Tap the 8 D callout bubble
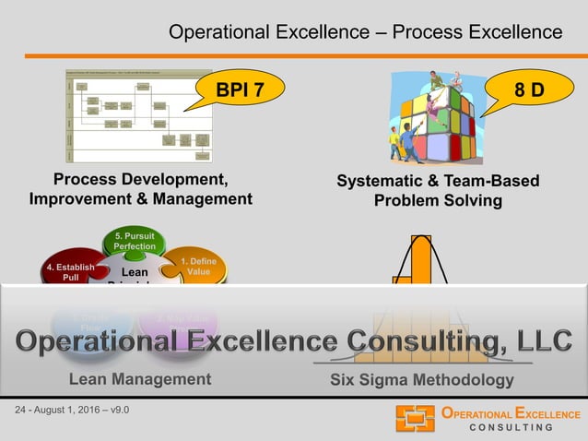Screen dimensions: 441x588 [x=529, y=91]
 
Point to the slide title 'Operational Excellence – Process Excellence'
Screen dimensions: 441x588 [x=365, y=32]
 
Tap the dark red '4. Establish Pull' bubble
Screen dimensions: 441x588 [x=70, y=271]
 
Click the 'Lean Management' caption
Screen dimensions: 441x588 [x=140, y=378]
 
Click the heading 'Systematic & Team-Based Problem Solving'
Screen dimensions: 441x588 [x=438, y=191]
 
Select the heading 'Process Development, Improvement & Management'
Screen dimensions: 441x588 [x=141, y=188]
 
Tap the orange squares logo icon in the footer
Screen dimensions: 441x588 [x=415, y=418]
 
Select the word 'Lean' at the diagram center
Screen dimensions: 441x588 [x=135, y=273]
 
